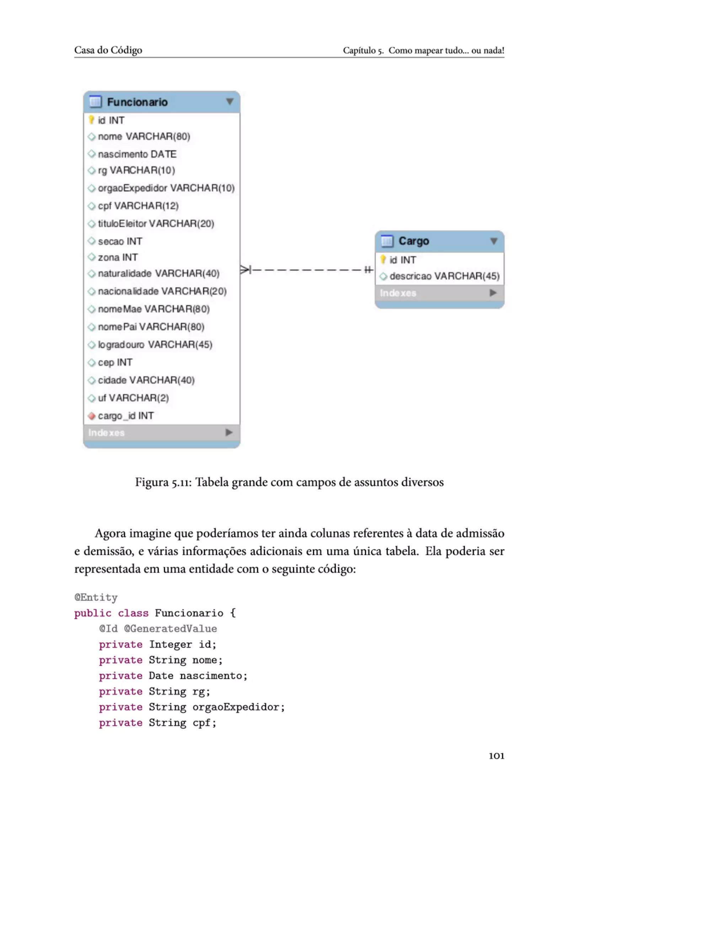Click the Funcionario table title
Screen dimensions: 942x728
tap(137, 102)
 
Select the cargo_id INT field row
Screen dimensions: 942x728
tap(125, 416)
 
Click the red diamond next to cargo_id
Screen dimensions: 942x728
tap(91, 416)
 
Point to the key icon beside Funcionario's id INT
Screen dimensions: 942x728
tap(91, 120)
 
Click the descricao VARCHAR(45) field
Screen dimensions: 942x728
tap(444, 277)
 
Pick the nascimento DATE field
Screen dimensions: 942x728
tap(137, 154)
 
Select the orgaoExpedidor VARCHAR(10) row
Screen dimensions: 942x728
tap(166, 188)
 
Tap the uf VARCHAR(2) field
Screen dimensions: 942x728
tap(133, 398)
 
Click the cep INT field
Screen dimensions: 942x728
tap(115, 362)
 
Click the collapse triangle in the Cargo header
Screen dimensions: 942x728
tap(494, 241)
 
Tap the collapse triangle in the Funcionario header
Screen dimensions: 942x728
tap(229, 102)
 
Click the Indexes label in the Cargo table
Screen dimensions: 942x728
tap(398, 293)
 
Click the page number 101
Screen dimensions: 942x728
tap(496, 756)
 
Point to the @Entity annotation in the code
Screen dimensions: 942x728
tap(96, 598)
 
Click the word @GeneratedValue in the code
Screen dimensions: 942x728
tap(170, 629)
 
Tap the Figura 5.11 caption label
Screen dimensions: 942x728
tap(163, 482)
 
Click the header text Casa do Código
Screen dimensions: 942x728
tap(108, 50)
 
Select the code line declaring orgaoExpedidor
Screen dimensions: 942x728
tap(192, 707)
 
